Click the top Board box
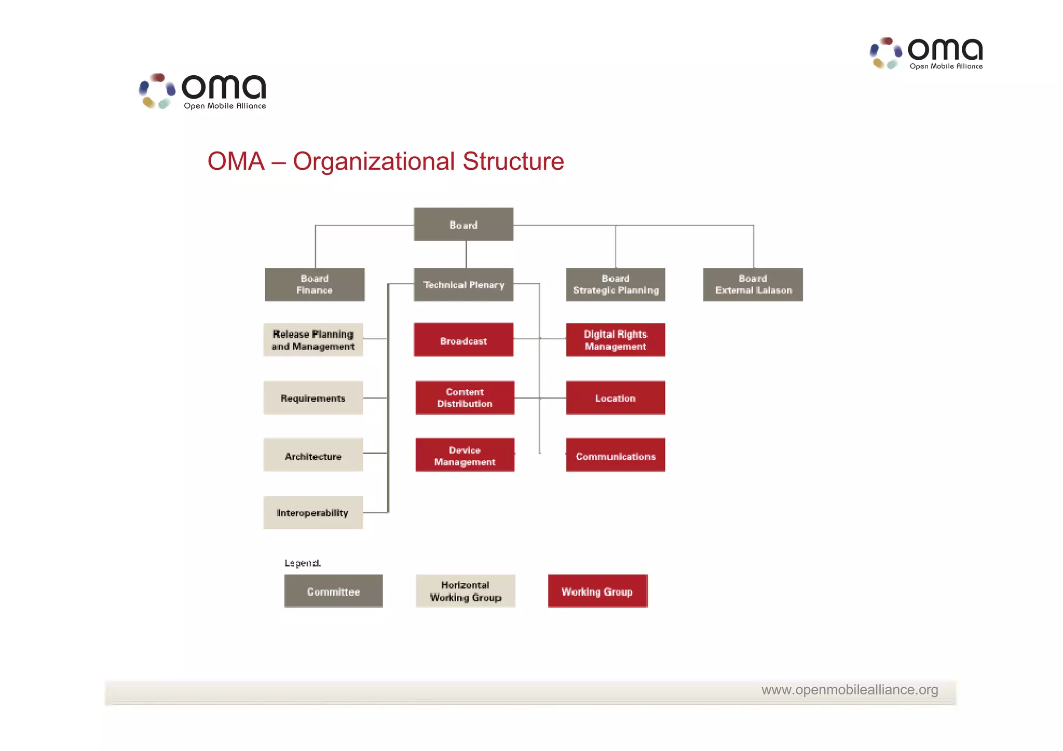(x=463, y=224)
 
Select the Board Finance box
(x=315, y=284)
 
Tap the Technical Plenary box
(x=463, y=284)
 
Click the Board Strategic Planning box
(x=615, y=284)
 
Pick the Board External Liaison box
(x=753, y=284)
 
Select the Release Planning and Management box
(x=313, y=340)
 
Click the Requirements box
(x=313, y=398)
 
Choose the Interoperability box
(x=313, y=512)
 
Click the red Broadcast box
(x=463, y=340)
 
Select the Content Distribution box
(x=465, y=398)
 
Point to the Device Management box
(x=465, y=455)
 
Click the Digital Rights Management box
(x=615, y=340)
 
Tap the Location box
(x=615, y=398)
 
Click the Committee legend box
(x=333, y=591)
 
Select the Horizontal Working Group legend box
(x=465, y=591)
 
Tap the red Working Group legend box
(x=597, y=591)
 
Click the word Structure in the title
(x=513, y=161)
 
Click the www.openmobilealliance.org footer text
(x=849, y=689)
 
